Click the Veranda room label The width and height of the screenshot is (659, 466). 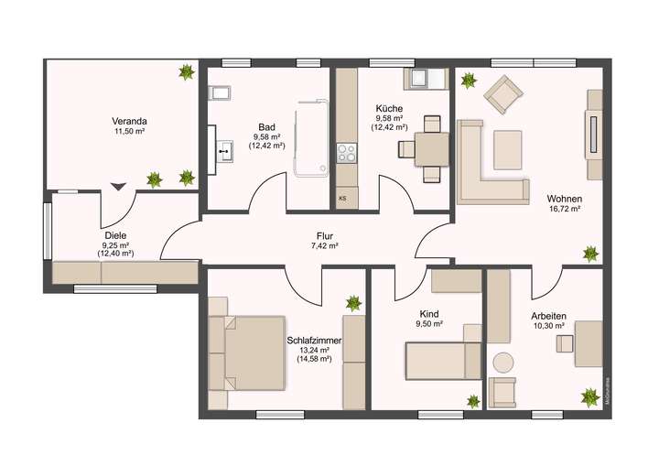tap(129, 120)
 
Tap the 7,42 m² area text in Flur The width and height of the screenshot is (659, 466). tap(325, 246)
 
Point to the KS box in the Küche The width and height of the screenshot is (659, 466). tap(342, 198)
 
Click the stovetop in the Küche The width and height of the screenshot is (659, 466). tap(346, 152)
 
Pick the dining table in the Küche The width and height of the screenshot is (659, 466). tap(432, 148)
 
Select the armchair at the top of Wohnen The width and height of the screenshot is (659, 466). tap(502, 92)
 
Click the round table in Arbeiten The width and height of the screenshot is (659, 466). tap(502, 362)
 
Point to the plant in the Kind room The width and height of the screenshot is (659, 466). tap(473, 400)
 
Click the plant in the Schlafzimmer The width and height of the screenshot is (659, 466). tap(353, 302)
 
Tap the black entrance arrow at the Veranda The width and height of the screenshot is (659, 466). tap(118, 186)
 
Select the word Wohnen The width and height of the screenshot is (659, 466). tap(564, 199)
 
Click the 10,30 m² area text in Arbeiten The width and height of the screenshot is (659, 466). tap(548, 326)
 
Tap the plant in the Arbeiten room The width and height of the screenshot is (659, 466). tap(588, 397)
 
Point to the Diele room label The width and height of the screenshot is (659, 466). tap(115, 235)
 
